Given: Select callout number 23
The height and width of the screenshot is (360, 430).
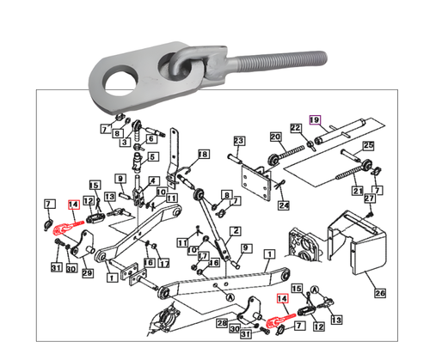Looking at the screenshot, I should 239,141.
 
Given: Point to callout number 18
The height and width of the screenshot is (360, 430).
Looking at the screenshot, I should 203,155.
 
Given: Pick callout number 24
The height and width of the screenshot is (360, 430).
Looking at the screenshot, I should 284,205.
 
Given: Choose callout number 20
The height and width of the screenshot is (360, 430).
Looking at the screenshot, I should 275,137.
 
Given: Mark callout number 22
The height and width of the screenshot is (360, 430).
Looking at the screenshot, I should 296,129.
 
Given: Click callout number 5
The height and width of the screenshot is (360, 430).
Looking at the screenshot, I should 155,157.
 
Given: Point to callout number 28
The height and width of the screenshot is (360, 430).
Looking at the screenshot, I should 222,323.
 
